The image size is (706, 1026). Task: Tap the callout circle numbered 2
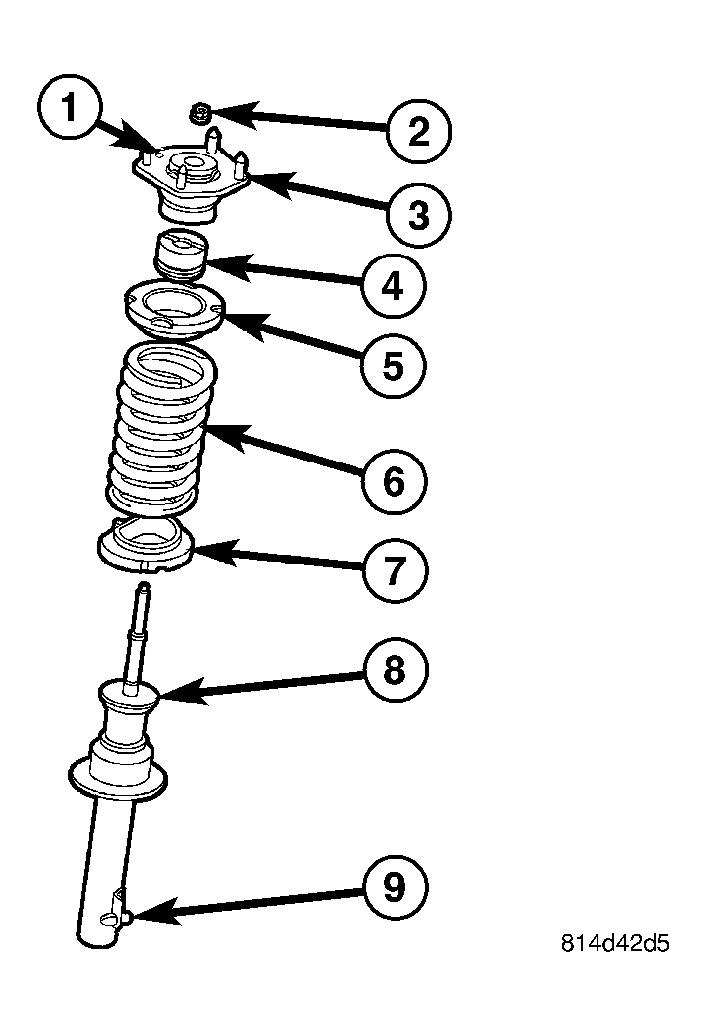click(x=418, y=131)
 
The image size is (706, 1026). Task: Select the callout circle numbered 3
click(x=418, y=214)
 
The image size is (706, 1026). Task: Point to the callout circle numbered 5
click(x=393, y=365)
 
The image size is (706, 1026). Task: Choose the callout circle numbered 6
click(x=393, y=481)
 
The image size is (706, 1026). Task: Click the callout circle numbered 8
click(x=393, y=670)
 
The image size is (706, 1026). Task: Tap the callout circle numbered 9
click(x=393, y=888)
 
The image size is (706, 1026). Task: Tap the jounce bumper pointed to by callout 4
click(x=179, y=255)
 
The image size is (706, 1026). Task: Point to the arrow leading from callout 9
click(x=248, y=904)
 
